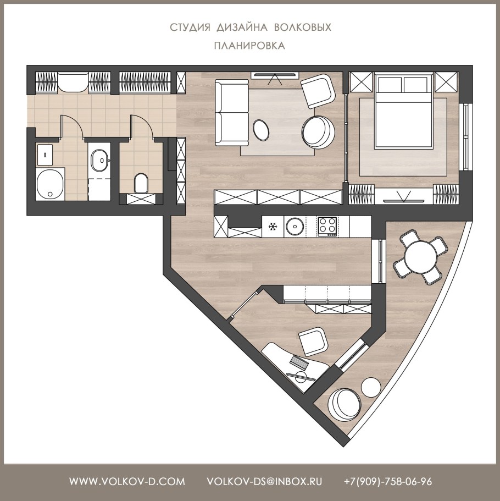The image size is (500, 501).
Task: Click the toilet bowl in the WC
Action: click(141, 183)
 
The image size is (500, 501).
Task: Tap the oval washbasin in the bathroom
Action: click(99, 160)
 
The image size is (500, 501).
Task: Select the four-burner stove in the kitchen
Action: click(327, 227)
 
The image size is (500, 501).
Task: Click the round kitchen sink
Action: click(295, 227)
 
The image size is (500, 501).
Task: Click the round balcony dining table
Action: click(420, 257)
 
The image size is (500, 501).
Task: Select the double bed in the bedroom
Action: click(404, 111)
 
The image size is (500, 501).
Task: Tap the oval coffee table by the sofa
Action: click(261, 129)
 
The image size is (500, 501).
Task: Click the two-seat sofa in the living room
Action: click(231, 113)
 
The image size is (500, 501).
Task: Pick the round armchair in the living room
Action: click(318, 131)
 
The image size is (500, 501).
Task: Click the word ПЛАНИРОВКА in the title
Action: click(249, 46)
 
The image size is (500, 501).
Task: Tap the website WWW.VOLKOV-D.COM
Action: click(127, 482)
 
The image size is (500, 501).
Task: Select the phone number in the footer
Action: click(388, 482)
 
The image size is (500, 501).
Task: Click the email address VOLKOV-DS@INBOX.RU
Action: click(264, 482)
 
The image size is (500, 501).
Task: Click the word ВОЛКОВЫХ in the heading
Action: click(303, 27)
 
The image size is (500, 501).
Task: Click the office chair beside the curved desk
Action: click(313, 342)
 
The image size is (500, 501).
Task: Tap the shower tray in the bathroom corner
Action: click(49, 184)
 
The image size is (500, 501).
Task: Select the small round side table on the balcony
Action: click(371, 388)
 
